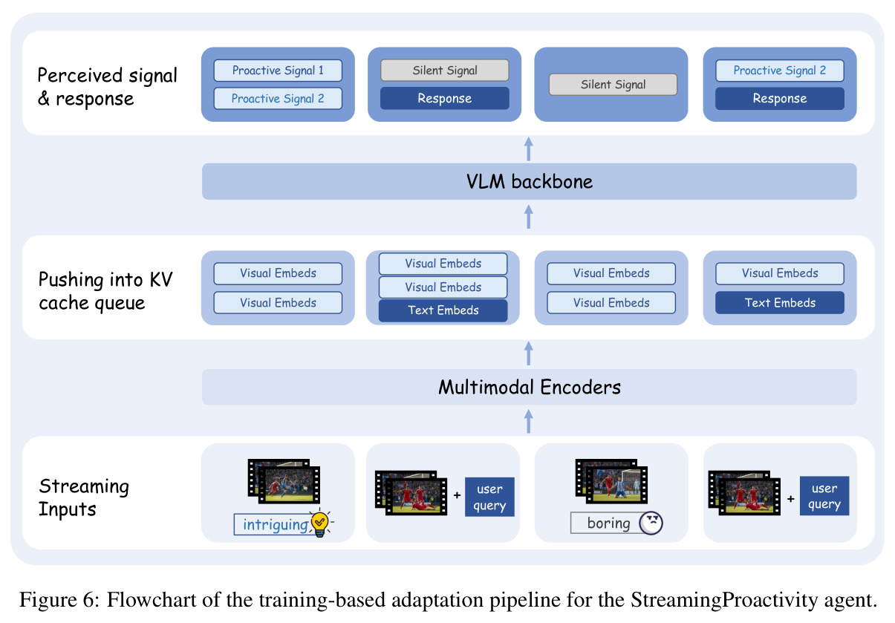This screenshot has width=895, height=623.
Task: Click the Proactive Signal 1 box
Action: point(278,71)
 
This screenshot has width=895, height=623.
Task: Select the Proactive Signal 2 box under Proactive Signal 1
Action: point(278,98)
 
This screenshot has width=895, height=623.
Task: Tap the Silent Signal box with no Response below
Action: point(613,84)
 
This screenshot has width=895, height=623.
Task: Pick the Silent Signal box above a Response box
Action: point(445,71)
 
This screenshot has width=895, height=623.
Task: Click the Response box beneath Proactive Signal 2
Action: point(780,98)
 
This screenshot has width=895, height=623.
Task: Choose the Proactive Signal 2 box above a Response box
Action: point(780,71)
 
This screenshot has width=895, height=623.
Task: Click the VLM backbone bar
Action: point(529,181)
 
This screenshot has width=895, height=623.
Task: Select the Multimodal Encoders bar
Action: point(529,387)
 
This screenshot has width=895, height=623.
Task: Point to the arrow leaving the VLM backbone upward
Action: point(529,149)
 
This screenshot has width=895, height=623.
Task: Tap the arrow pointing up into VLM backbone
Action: point(529,217)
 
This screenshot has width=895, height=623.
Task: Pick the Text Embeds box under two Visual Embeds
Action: point(443,310)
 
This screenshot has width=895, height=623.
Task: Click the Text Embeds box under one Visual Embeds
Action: point(780,303)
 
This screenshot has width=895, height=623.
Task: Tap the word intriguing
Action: point(276,524)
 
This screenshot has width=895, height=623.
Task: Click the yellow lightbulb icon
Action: point(320,523)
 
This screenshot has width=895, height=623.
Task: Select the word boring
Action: point(608,523)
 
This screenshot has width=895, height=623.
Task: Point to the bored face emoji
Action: point(651,523)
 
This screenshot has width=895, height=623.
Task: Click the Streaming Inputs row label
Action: point(83,498)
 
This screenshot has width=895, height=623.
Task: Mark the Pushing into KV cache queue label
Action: point(105,291)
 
